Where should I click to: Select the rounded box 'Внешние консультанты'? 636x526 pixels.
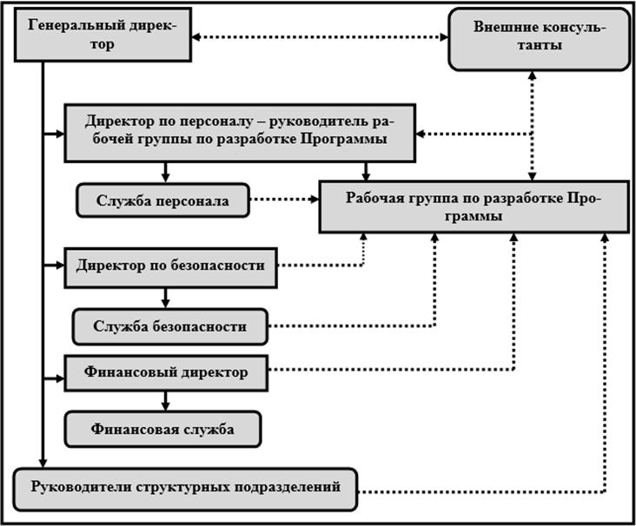coord(539,38)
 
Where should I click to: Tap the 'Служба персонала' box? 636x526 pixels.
coord(162,201)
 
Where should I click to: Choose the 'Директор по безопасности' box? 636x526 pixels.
coord(170,266)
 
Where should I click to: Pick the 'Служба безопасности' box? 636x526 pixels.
coord(170,326)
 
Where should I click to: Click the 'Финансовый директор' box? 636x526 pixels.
coord(166,372)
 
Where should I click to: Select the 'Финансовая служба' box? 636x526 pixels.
coord(162,428)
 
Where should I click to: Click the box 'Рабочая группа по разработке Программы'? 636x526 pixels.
coord(474,207)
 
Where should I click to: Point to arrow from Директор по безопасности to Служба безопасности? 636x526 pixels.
coord(165,297)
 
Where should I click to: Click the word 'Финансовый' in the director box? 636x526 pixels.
coord(126,372)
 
